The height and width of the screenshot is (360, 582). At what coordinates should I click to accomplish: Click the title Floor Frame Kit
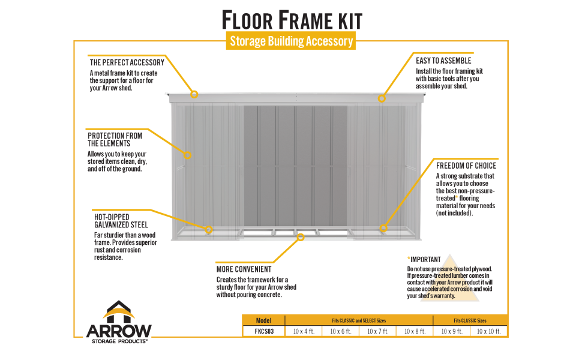292,20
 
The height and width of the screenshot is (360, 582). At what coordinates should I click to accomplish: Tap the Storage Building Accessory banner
292,41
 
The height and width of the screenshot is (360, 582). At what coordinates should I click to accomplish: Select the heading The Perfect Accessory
127,62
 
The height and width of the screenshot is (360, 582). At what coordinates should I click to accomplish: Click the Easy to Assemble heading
443,61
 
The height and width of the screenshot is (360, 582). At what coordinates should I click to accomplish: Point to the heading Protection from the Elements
115,139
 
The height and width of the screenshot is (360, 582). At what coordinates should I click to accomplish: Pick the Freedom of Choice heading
466,166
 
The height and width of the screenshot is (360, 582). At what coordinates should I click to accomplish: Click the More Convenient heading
244,269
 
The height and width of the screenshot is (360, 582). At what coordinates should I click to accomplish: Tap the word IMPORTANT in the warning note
426,259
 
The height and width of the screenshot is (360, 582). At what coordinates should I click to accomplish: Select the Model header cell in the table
263,320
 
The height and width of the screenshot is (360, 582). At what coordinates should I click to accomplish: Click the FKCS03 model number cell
263,331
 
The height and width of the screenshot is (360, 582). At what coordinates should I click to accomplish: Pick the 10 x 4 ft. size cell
304,331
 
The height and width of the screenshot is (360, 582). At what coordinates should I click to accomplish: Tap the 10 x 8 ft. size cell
415,331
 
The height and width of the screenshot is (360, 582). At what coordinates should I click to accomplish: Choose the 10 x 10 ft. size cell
489,331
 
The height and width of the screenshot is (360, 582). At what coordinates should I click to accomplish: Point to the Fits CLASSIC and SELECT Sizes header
359,320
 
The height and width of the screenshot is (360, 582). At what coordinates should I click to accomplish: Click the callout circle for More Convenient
301,237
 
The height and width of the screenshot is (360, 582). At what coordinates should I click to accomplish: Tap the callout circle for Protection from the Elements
187,155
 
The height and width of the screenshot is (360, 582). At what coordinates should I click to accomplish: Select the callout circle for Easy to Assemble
381,98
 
